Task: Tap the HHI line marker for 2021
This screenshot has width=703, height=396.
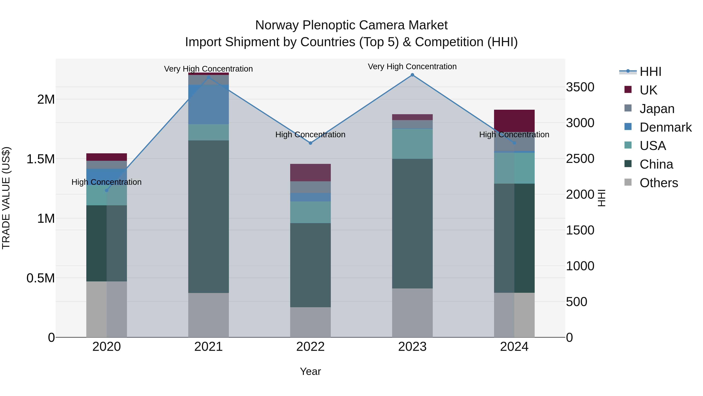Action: pos(209,77)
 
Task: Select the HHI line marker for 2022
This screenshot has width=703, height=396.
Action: pos(310,143)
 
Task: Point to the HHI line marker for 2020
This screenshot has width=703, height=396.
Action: pos(107,190)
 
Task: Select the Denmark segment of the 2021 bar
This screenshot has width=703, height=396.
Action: pos(209,104)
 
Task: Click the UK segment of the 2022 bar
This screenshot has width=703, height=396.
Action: pos(310,172)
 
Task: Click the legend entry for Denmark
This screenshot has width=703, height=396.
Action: pos(665,127)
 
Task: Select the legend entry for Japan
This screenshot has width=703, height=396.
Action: pos(657,109)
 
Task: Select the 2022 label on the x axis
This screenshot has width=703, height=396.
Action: pos(310,347)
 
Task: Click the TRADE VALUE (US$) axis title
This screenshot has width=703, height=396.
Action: pos(6,198)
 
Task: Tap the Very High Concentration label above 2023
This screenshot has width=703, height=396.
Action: pos(412,66)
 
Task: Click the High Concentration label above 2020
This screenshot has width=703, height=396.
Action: pos(106,182)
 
